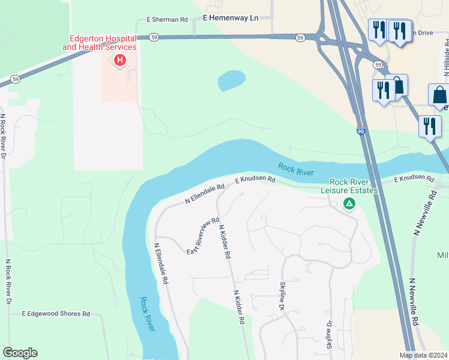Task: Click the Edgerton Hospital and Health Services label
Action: tap(100, 42)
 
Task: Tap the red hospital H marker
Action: tap(120, 60)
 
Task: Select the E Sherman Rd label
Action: tap(167, 20)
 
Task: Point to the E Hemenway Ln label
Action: tap(231, 18)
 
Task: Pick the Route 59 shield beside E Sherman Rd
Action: tap(154, 37)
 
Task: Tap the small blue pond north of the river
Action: tap(231, 80)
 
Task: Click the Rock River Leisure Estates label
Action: tap(354, 186)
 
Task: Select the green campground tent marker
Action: tap(349, 203)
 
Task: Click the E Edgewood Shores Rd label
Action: tap(56, 314)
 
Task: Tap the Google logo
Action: tap(20, 353)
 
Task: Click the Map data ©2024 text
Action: tap(423, 355)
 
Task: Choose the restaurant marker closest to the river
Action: tap(429, 127)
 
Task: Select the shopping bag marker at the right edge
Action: tap(439, 95)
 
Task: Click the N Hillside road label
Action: tap(446, 58)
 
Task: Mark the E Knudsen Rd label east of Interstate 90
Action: tap(414, 179)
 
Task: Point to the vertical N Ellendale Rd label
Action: tap(160, 263)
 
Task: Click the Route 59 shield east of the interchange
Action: tap(378, 64)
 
